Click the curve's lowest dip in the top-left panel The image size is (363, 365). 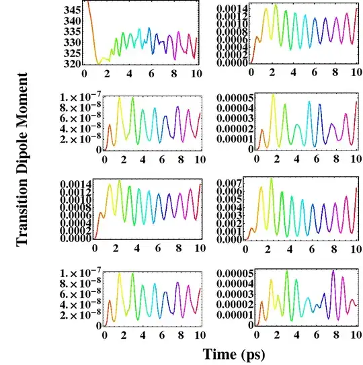point(99,63)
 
